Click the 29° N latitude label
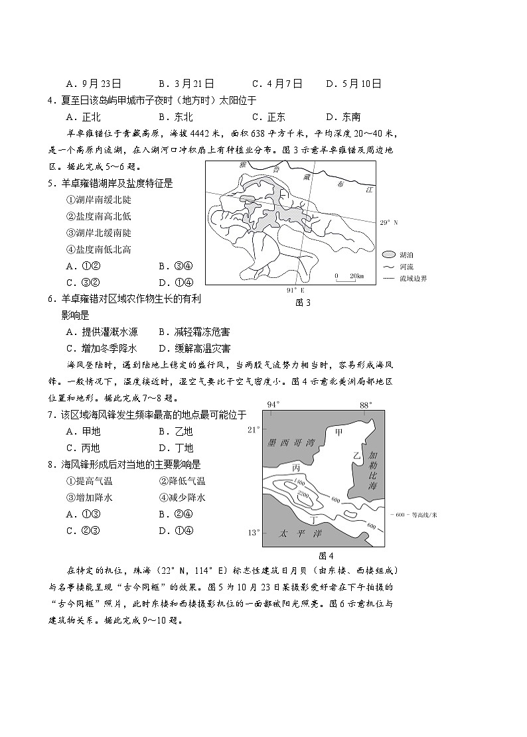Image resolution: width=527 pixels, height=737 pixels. tap(388, 223)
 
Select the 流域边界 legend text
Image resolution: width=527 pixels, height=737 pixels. tap(414, 278)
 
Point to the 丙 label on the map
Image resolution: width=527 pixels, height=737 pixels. tap(296, 468)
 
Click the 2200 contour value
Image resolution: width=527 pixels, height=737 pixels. tap(304, 496)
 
